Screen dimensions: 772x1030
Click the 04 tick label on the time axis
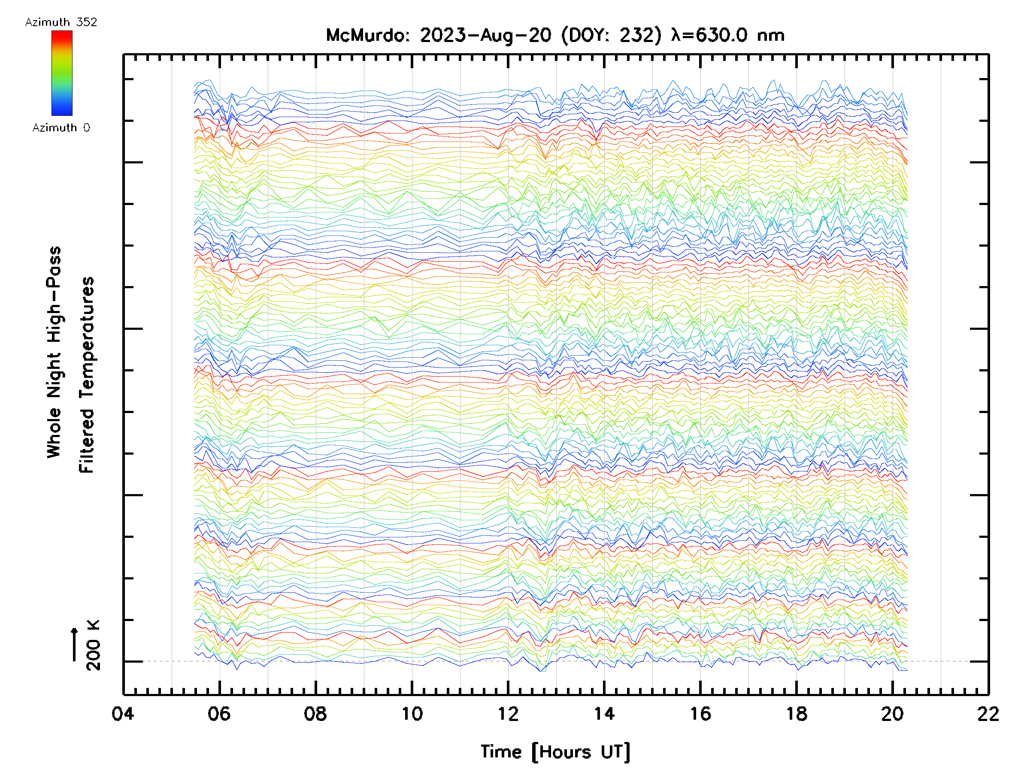coord(123,713)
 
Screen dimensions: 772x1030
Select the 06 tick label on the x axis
coord(219,713)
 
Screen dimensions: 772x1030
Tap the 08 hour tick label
coord(315,713)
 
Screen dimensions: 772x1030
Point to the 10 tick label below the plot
coord(412,713)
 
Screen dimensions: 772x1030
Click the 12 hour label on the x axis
coord(508,713)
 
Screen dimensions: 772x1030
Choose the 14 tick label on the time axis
coord(604,713)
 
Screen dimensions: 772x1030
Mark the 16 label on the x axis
coord(700,713)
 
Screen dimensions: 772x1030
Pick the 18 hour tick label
coord(796,713)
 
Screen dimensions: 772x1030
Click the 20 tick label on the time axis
coord(892,713)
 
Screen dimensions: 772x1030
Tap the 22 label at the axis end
coord(988,713)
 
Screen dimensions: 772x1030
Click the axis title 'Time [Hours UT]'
coord(555,752)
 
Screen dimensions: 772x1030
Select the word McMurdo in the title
coord(366,35)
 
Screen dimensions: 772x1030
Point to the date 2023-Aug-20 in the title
coord(485,35)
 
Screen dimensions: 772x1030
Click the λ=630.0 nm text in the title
coord(728,35)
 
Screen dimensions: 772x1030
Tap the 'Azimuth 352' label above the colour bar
coord(61,22)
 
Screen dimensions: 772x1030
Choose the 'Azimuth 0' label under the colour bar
coord(61,127)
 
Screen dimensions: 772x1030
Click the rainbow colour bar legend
coord(62,73)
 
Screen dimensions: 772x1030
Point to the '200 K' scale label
coord(93,645)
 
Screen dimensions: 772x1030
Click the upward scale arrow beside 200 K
coord(75,644)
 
